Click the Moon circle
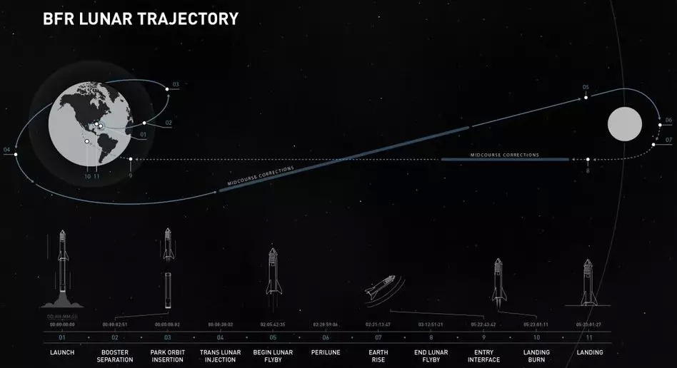(x=625, y=125)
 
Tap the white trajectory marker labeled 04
(x=15, y=153)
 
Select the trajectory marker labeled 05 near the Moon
(x=586, y=98)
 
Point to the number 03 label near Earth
(x=176, y=84)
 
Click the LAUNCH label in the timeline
(x=61, y=352)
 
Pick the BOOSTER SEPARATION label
(x=114, y=356)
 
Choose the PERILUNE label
(x=325, y=352)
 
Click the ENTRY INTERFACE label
(x=483, y=356)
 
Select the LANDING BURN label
(x=536, y=356)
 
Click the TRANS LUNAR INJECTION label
(x=220, y=356)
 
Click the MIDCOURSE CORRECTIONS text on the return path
(x=504, y=155)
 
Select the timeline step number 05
(x=272, y=337)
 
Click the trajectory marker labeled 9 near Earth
(x=131, y=160)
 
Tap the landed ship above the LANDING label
(x=588, y=280)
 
